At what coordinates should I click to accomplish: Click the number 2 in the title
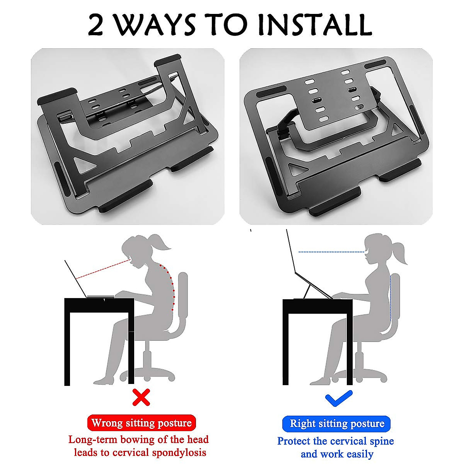coord(96,26)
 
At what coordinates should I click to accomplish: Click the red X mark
coord(141,397)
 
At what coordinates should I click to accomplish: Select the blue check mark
coord(338,399)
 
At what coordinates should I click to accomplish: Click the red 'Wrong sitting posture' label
coord(142,423)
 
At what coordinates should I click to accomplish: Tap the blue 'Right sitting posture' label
coord(337,423)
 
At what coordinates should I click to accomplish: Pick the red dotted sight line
coord(102,270)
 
